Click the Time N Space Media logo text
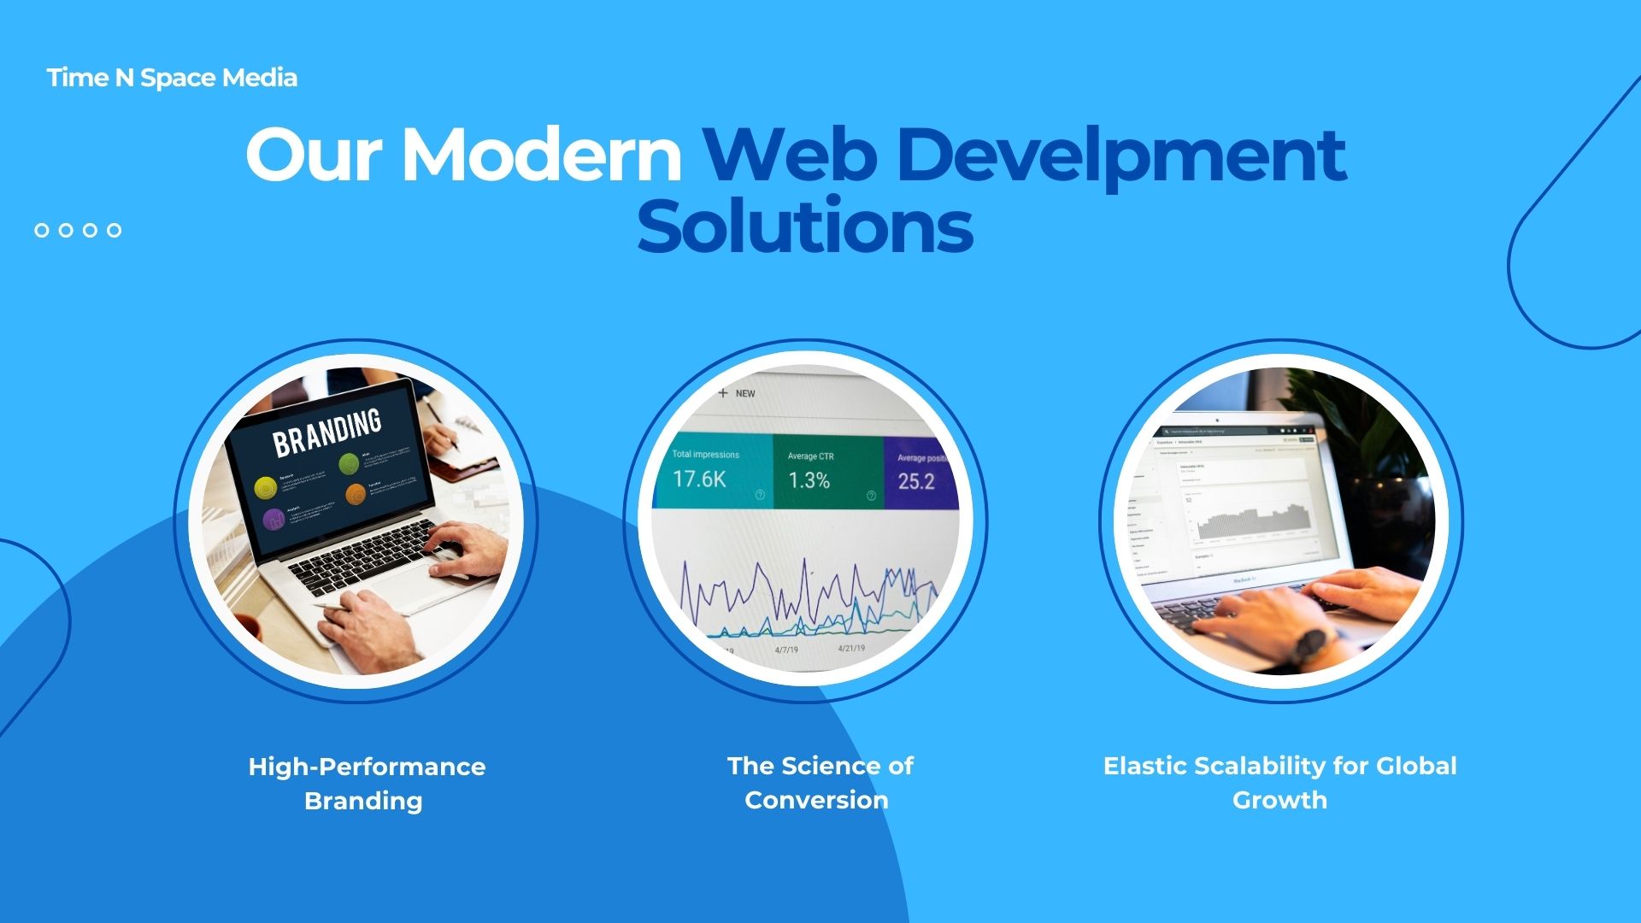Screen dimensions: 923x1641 (x=172, y=78)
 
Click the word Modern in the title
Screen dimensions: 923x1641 (x=541, y=155)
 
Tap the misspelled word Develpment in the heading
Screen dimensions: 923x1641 (x=1120, y=155)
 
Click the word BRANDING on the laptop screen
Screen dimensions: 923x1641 (x=326, y=432)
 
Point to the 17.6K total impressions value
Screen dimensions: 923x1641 (x=698, y=479)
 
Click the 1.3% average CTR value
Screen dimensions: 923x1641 (x=809, y=480)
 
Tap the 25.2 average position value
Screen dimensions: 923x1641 (x=915, y=482)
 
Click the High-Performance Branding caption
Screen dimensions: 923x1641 (x=366, y=783)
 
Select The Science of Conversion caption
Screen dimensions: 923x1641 (x=819, y=782)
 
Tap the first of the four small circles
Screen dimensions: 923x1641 (x=42, y=230)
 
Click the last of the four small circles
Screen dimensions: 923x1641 (x=114, y=230)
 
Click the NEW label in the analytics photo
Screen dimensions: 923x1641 (x=744, y=394)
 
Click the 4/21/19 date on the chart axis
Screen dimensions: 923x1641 (x=850, y=649)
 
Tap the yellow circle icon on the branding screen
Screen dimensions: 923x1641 (x=266, y=488)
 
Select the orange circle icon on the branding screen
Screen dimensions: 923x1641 (x=356, y=494)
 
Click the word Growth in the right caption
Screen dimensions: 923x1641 (x=1279, y=800)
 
